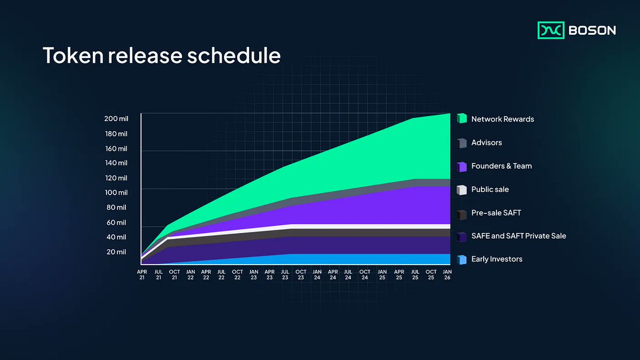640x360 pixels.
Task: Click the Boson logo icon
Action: [550, 30]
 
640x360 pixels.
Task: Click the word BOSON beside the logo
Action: [592, 30]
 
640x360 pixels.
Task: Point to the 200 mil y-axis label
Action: [116, 118]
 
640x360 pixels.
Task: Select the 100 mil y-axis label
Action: [116, 193]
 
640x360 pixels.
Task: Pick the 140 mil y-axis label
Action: [116, 163]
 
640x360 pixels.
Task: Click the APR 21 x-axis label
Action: [142, 274]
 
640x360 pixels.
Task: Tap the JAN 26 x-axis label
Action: [446, 274]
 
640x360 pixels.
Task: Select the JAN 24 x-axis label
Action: [317, 274]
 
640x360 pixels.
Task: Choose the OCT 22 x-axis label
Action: [237, 274]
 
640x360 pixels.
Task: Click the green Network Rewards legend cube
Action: [462, 119]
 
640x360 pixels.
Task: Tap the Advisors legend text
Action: [486, 142]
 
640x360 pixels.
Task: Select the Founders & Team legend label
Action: [501, 166]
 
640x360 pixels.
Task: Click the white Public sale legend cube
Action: [462, 189]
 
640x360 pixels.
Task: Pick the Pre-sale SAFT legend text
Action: [496, 213]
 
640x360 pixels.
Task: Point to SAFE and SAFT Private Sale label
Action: [518, 236]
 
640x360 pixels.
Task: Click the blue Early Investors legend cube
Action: [462, 260]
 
